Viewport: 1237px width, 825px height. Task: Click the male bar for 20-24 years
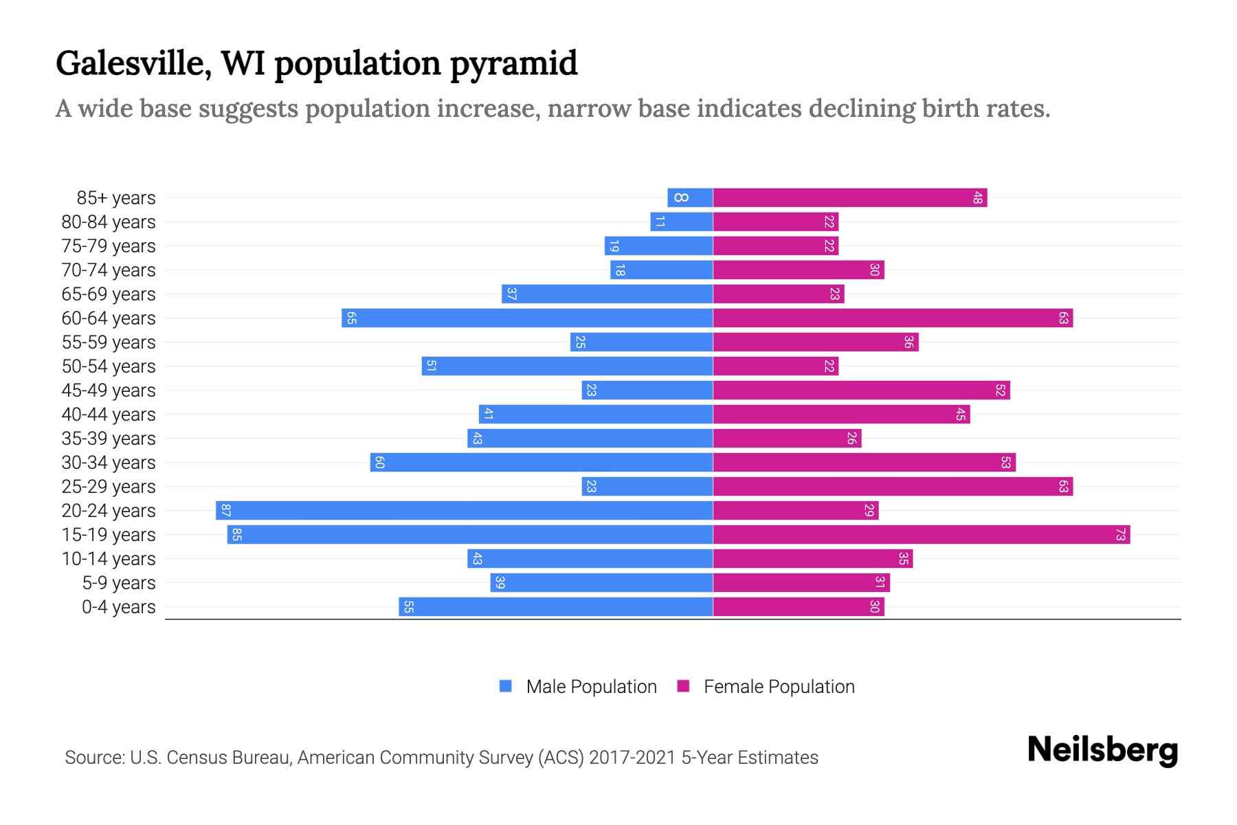(464, 510)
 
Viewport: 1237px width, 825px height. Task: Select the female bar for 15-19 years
(921, 534)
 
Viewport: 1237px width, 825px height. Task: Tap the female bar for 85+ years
(849, 198)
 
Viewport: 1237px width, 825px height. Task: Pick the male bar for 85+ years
(690, 198)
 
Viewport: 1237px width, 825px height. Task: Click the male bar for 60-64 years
(527, 318)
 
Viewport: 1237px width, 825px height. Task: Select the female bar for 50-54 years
(775, 366)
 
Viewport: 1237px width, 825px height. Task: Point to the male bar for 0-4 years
(555, 606)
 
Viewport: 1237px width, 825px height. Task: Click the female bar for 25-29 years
(892, 486)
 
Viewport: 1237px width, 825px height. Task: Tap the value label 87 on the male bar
(225, 510)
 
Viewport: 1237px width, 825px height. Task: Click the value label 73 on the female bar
(1120, 534)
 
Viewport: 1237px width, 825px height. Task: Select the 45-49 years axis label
(109, 390)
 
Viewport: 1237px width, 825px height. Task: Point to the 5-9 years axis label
(118, 582)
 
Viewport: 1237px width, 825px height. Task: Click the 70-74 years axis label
(109, 269)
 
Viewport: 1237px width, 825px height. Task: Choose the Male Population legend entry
(591, 686)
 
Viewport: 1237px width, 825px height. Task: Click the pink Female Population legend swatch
(683, 686)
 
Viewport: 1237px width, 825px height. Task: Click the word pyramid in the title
(513, 63)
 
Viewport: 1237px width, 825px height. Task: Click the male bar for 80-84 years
(681, 221)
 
